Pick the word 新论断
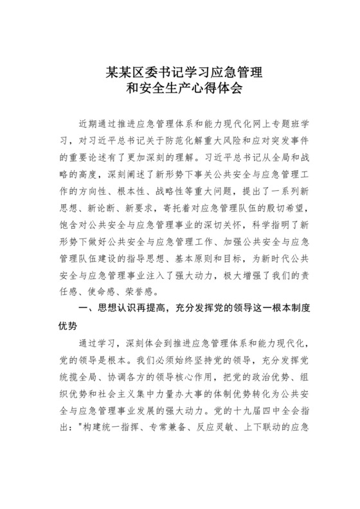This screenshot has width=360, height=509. click(x=99, y=207)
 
